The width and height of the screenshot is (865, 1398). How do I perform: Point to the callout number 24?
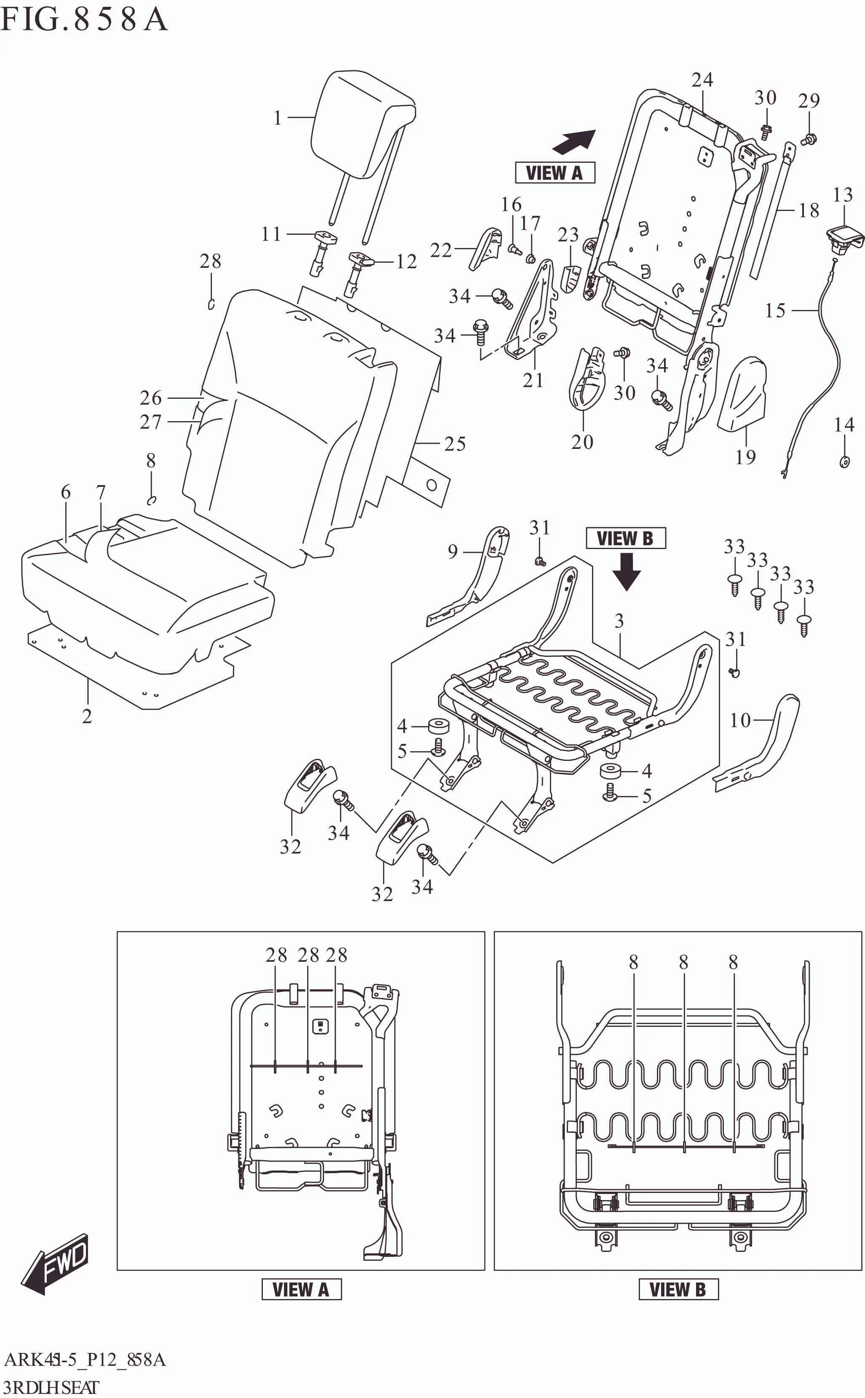[702, 80]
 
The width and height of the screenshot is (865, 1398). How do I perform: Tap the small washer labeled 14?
[844, 462]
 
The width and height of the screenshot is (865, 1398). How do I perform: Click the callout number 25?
[455, 444]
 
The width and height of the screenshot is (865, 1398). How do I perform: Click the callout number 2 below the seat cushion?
[87, 716]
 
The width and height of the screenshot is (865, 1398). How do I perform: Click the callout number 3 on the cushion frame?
[619, 621]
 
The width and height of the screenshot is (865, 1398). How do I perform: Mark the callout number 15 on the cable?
[775, 310]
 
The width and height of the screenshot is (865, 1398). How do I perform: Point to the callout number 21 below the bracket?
[533, 380]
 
